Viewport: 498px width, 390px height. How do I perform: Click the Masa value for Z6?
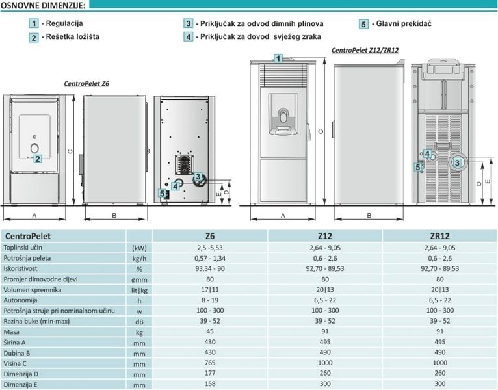[210, 331]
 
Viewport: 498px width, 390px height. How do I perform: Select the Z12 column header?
[325, 236]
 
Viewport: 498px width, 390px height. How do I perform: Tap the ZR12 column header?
[440, 236]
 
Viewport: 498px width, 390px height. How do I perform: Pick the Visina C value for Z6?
[210, 363]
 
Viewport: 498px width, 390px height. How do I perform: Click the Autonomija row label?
[20, 300]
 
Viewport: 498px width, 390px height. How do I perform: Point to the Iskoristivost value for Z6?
[210, 268]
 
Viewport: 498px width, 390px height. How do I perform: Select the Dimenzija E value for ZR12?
[440, 383]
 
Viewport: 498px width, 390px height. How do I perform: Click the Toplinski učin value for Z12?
[325, 248]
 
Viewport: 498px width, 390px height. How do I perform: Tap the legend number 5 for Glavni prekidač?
[363, 24]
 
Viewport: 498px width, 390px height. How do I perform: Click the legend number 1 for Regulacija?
[34, 23]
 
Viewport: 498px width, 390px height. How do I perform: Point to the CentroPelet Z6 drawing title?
[86, 84]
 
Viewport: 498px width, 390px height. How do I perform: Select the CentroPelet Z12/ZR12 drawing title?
[365, 50]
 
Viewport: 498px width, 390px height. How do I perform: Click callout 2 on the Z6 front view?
[38, 159]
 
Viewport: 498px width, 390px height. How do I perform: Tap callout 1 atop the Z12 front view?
[278, 58]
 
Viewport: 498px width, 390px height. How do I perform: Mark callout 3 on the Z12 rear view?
[456, 163]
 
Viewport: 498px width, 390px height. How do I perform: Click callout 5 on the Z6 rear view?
[163, 194]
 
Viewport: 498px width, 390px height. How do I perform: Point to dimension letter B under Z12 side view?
[369, 216]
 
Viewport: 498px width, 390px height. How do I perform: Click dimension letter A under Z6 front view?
[34, 216]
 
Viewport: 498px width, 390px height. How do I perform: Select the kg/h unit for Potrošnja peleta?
[139, 259]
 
